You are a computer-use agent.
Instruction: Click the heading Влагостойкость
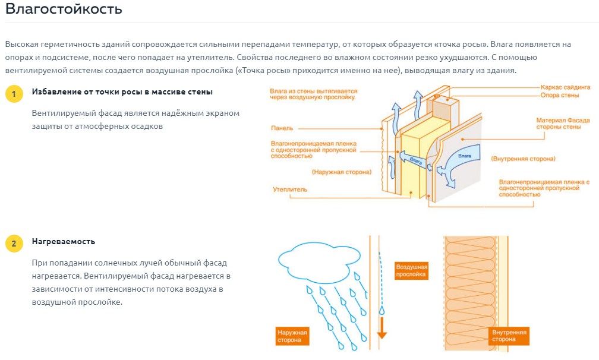coord(64,10)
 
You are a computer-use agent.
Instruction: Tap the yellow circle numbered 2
coord(14,243)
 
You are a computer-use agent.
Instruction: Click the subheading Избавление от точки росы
coord(122,92)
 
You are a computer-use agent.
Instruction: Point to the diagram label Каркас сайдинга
coord(566,87)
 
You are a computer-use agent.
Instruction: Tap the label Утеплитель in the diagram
coord(290,190)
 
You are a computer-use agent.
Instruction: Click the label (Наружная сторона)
coord(341,172)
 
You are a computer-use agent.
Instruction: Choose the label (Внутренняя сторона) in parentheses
coord(523,159)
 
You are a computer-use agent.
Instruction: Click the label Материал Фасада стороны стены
coord(563,124)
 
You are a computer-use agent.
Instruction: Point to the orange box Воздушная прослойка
coord(411,271)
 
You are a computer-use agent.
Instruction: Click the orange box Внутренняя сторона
coord(509,335)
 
